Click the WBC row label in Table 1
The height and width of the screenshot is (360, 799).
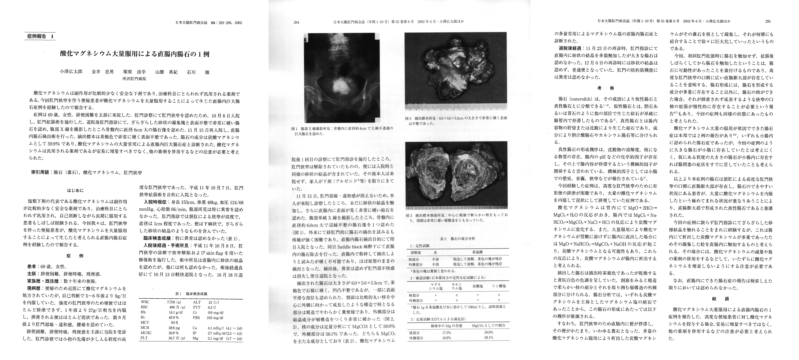click(145, 302)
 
